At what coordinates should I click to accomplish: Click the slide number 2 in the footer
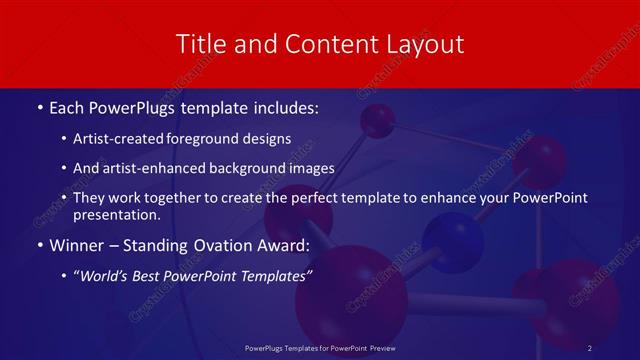pos(590,347)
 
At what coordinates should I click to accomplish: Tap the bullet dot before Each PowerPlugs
pos(38,106)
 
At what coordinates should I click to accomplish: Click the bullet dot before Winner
pos(38,244)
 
